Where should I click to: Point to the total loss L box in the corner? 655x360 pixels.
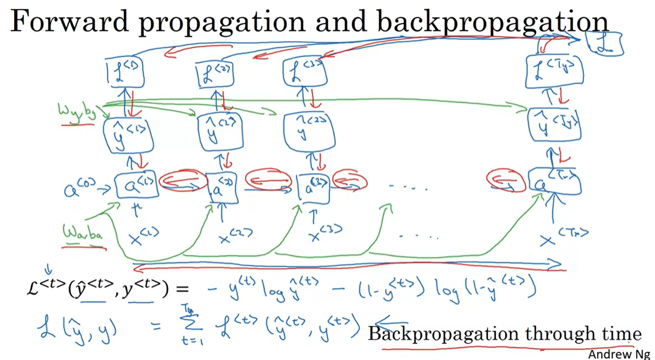(x=604, y=43)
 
